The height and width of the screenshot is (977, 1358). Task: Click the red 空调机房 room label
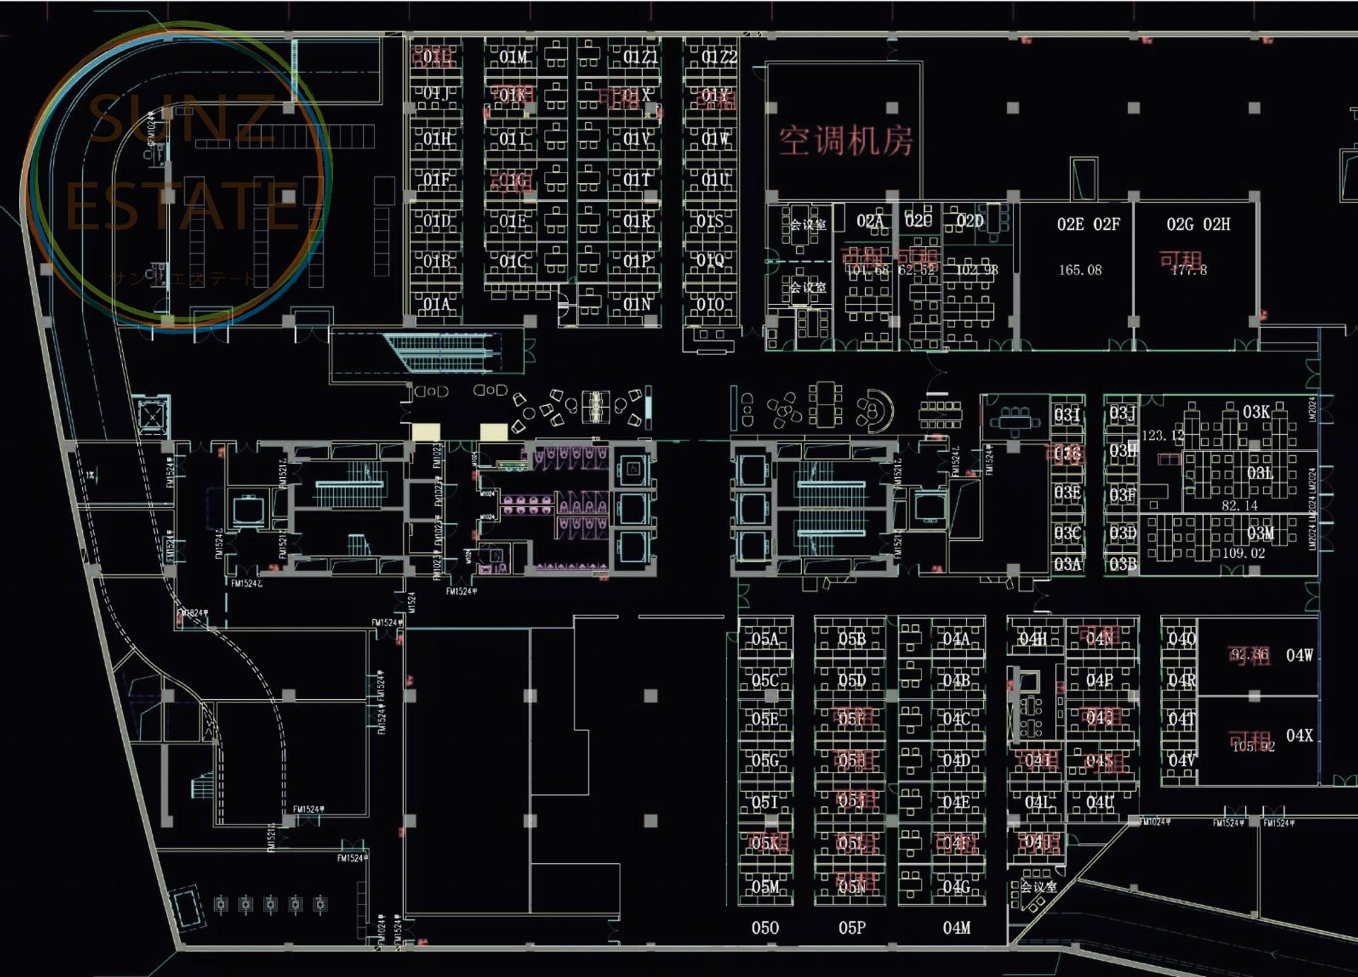[846, 141]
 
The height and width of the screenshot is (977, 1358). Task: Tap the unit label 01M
[513, 57]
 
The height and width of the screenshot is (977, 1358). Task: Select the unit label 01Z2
[719, 57]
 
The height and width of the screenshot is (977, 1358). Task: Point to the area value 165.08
[1080, 270]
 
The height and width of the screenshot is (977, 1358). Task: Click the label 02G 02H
[1198, 224]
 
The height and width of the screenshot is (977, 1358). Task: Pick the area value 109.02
[1243, 553]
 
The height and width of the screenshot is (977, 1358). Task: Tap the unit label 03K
[1256, 411]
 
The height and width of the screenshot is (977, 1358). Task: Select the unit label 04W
[1299, 655]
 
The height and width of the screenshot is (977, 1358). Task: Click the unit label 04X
[1299, 735]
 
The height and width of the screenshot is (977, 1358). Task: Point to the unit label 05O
[765, 928]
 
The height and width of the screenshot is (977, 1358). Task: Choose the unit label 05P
[852, 928]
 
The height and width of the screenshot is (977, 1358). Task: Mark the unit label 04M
[956, 928]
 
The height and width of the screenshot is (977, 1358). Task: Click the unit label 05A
[765, 639]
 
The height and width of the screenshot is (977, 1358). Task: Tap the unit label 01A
[436, 305]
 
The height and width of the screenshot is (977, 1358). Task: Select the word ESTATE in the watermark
[182, 206]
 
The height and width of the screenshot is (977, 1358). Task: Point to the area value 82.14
[1239, 505]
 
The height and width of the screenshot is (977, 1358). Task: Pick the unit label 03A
[1067, 564]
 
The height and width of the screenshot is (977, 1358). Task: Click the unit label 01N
[637, 305]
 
